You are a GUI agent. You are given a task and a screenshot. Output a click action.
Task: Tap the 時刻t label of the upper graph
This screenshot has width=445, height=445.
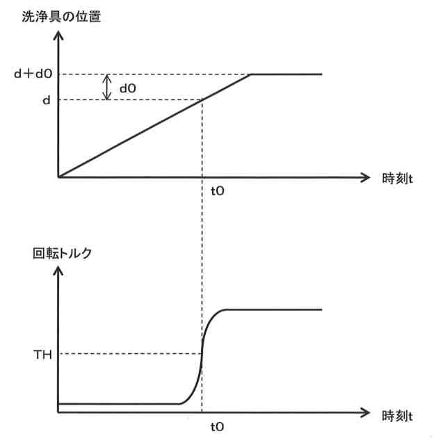398,178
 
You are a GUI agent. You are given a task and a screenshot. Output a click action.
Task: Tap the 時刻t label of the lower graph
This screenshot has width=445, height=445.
398,414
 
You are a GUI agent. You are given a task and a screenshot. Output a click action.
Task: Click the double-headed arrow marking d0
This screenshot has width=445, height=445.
108,87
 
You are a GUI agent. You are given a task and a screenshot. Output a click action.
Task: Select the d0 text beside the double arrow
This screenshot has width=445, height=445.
129,88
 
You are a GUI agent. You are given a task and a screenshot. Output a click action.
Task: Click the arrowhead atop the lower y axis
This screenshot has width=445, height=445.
59,272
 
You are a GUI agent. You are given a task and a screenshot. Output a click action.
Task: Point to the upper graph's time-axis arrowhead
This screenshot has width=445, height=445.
366,177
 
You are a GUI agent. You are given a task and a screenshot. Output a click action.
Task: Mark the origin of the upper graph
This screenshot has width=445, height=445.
59,177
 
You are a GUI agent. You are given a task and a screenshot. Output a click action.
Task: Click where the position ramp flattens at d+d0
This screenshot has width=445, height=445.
251,74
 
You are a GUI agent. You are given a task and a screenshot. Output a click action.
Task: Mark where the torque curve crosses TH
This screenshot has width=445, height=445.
202,354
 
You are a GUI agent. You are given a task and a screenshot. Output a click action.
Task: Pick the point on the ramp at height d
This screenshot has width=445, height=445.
202,100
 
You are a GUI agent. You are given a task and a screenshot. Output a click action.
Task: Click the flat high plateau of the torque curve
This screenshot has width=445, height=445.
278,309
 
